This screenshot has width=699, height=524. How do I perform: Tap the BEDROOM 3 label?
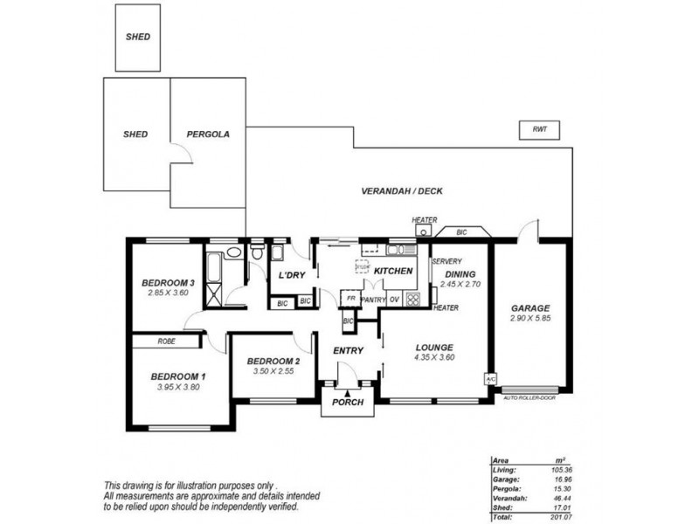[x=168, y=281]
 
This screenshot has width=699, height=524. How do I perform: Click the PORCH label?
[x=347, y=403]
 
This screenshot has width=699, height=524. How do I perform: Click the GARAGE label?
[x=530, y=308]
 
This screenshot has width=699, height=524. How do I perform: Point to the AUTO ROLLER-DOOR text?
[x=530, y=397]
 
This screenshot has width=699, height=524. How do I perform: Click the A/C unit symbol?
[x=490, y=379]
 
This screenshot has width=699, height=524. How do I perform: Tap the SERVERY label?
[x=446, y=261]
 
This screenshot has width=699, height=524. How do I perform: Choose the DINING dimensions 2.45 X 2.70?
[x=460, y=285]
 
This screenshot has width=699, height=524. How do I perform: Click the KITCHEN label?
[x=393, y=272]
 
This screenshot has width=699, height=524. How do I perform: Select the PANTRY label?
[x=373, y=299]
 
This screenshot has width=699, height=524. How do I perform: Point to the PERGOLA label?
[x=208, y=134]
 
